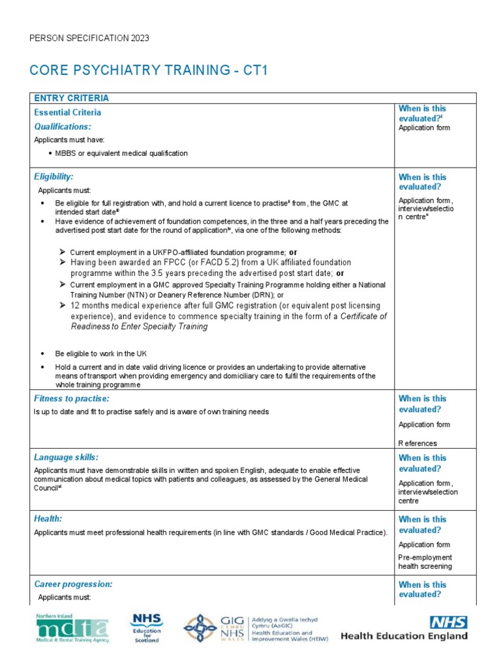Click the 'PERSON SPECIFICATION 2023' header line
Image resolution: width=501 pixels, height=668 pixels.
(x=89, y=38)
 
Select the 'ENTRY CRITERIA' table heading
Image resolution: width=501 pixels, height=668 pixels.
(x=71, y=99)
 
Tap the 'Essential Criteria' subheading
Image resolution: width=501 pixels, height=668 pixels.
(x=67, y=112)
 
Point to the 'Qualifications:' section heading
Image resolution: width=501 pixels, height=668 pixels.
(x=63, y=127)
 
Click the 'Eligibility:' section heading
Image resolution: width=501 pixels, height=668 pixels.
(x=53, y=176)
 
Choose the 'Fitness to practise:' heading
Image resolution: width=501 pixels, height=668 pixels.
(x=71, y=398)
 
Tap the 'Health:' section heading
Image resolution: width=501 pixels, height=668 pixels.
(x=48, y=519)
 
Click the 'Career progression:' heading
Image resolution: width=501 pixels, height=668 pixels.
(x=73, y=584)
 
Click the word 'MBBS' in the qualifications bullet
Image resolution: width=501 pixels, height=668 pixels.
(x=66, y=153)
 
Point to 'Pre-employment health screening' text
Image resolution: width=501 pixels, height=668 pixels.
(x=425, y=562)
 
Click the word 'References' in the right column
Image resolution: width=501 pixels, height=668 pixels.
(x=417, y=444)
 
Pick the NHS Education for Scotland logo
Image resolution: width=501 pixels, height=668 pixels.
(x=147, y=628)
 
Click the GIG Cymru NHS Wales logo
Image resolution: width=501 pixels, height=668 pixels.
(x=254, y=628)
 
